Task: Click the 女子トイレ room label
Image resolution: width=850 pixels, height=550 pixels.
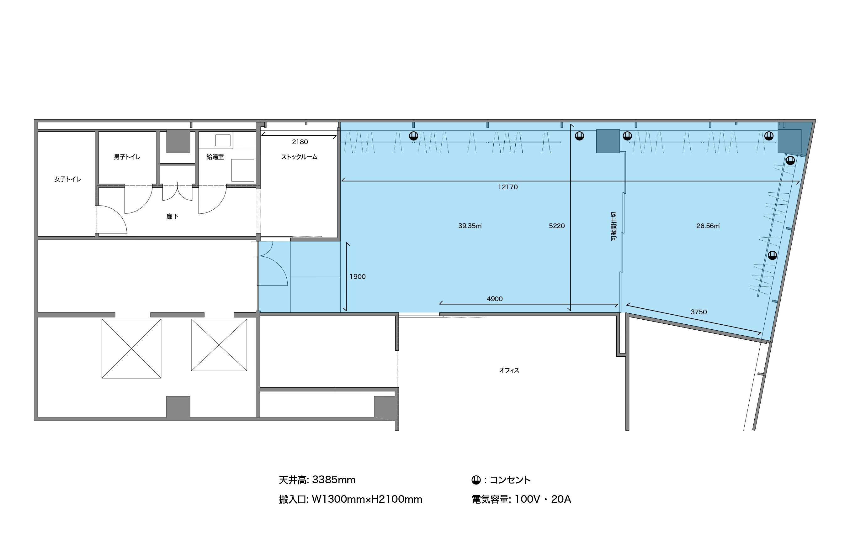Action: tap(67, 179)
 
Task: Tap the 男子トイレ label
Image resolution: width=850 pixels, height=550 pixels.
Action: tap(127, 157)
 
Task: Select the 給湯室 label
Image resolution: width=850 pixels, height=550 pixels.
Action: tap(215, 157)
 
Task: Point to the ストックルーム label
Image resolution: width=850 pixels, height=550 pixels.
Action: tap(299, 157)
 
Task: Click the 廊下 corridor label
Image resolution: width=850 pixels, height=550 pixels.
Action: tap(172, 217)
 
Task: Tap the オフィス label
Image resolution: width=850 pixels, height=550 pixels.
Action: tap(509, 370)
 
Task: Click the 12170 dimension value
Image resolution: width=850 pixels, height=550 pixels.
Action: tap(508, 187)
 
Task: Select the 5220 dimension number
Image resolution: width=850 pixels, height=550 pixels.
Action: tap(557, 226)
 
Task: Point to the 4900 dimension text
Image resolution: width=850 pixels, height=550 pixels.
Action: tap(495, 299)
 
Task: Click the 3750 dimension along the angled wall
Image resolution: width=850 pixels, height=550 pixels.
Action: tap(699, 312)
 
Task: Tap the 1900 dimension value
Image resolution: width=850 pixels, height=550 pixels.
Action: tap(358, 277)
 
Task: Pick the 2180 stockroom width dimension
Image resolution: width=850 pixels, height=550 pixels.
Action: tap(300, 142)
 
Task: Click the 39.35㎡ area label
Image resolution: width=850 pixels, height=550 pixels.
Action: tap(470, 226)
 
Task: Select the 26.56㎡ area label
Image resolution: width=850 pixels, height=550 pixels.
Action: tap(708, 226)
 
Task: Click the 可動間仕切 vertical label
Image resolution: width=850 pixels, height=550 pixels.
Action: tap(614, 226)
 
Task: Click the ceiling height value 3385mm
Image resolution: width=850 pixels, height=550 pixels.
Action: tap(334, 480)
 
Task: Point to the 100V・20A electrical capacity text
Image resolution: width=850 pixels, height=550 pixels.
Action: tap(543, 499)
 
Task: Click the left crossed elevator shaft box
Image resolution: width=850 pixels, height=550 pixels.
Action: tap(131, 348)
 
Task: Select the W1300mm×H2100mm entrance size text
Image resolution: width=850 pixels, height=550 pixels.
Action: tap(367, 499)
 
